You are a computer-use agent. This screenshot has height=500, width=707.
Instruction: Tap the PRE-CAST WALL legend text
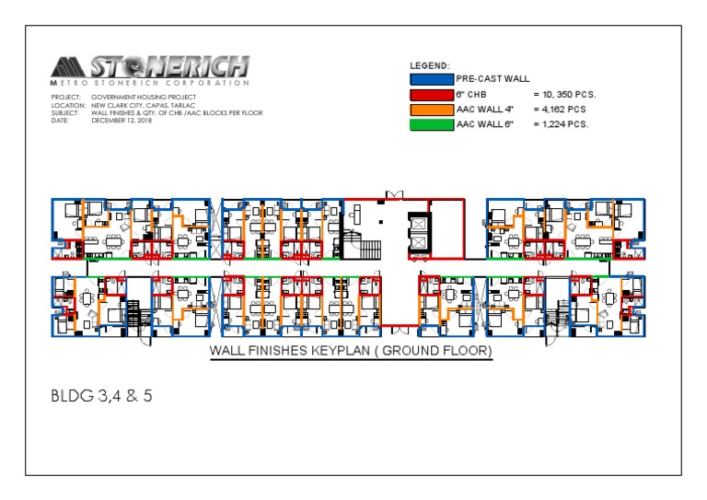(493, 79)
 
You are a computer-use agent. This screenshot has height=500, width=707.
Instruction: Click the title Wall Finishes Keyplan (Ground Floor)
(351, 352)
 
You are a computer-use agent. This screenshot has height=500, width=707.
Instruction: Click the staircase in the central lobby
(369, 247)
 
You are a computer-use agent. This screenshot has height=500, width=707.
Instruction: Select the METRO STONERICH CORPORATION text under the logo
(149, 83)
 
